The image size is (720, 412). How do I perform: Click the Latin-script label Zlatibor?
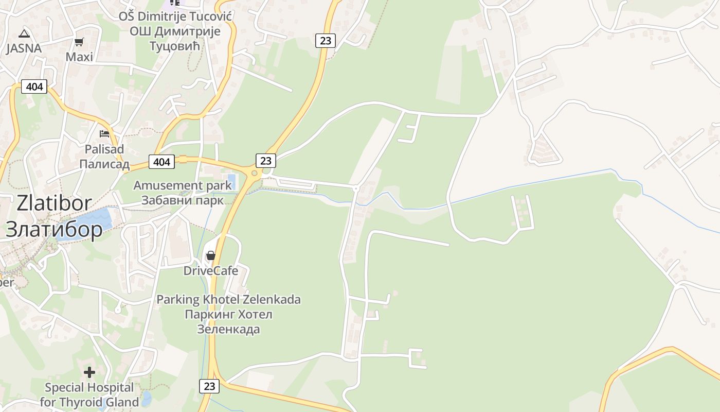(54, 203)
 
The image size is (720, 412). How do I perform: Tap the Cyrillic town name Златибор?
(54, 229)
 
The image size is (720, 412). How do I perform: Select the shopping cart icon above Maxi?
(79, 42)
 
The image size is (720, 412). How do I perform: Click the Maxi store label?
(79, 57)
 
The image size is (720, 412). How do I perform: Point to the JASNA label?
(24, 48)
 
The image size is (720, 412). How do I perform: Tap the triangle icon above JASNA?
(24, 34)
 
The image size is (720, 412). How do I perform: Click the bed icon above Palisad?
(104, 134)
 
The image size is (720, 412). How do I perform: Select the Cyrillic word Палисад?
(104, 164)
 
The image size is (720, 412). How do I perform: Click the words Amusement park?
(183, 185)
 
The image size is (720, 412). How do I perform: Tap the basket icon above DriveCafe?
(210, 255)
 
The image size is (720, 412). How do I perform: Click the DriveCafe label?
(211, 270)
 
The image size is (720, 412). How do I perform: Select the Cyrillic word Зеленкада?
(228, 329)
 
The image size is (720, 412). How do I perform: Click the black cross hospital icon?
(89, 372)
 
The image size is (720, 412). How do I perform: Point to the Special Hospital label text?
(89, 387)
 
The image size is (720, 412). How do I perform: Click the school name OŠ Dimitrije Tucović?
(175, 16)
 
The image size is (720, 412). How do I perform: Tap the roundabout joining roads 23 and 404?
(254, 173)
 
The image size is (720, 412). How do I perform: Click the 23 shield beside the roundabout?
(265, 161)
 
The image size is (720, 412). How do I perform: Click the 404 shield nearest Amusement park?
(161, 162)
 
